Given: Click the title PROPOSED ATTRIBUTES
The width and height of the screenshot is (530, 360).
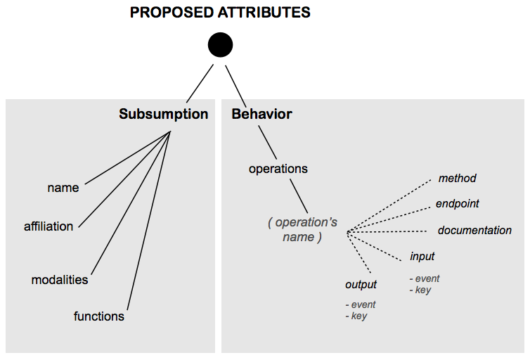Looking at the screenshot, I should [220, 13].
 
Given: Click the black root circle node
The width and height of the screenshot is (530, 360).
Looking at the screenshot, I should [220, 45].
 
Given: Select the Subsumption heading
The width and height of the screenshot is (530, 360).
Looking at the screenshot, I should [163, 114].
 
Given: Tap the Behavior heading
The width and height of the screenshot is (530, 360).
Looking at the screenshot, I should [261, 114].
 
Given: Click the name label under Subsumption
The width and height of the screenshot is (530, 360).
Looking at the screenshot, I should [63, 188].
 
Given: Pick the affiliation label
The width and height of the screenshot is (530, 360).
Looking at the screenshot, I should [49, 226].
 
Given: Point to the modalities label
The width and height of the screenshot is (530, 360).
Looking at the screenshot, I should [60, 280].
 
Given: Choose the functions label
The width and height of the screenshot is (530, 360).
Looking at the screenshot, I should [98, 316].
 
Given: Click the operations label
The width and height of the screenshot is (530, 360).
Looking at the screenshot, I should [278, 169].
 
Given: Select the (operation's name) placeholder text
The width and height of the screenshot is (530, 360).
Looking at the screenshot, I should [302, 230].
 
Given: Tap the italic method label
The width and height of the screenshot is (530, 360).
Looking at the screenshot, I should [457, 179].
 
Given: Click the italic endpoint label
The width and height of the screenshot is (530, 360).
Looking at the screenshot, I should [457, 204].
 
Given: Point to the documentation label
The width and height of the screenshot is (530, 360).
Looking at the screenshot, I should [474, 231].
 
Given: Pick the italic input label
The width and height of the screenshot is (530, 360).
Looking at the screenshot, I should [422, 257].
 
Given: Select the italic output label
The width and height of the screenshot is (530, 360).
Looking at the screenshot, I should [361, 285].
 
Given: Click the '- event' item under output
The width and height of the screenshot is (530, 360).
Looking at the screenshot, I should [361, 304].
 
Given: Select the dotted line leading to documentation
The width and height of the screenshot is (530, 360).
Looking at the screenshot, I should [387, 231].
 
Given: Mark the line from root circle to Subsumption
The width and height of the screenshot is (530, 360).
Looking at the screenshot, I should [200, 84].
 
